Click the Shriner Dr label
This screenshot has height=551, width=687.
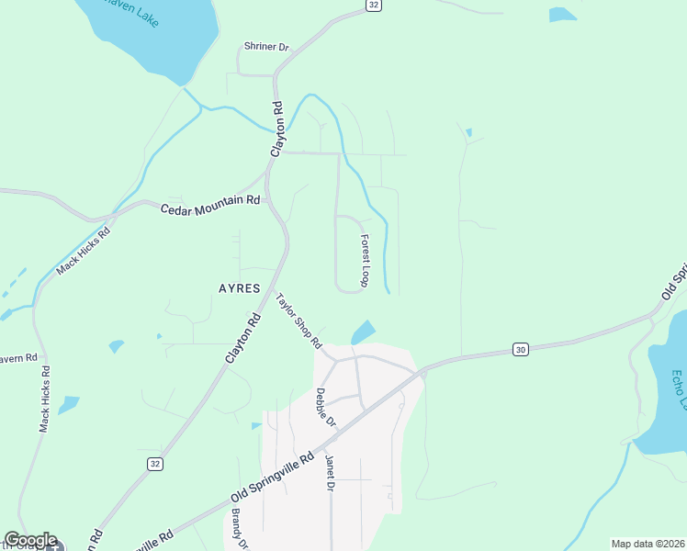pos(266,47)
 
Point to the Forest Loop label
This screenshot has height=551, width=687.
pos(365,260)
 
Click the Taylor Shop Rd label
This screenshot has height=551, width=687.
pos(299,320)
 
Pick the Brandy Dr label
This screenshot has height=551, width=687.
pos(240,530)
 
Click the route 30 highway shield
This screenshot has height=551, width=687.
pos(521,350)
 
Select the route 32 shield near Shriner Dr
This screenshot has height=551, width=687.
pos(372,6)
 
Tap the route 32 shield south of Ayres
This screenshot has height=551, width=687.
pos(154,464)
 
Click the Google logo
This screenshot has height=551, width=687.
pos(30,540)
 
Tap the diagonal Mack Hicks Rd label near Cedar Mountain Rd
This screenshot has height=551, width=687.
pos(83,251)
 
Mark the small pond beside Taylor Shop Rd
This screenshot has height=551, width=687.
pos(364,332)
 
